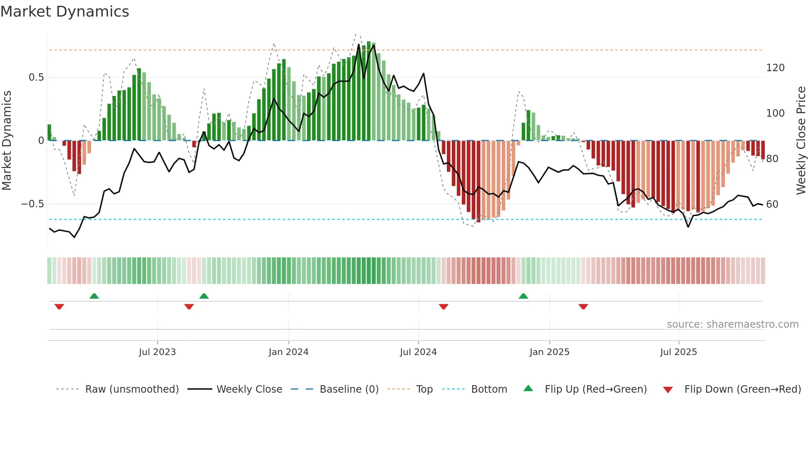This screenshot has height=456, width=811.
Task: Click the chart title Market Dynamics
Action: point(65,12)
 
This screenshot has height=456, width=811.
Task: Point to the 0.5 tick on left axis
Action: point(36,77)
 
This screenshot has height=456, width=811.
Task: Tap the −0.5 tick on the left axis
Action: point(32,204)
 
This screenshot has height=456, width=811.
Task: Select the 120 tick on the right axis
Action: point(775,68)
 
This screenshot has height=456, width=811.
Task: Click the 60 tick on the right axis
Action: point(772,204)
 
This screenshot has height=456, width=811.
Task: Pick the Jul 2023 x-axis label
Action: point(157,352)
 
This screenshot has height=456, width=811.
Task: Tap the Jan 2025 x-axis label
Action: point(549,352)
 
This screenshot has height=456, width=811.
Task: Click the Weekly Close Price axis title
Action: point(801,141)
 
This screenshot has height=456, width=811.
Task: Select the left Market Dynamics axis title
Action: point(7,141)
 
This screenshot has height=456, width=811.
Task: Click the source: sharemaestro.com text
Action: point(732,324)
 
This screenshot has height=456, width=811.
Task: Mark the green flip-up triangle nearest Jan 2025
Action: point(523,296)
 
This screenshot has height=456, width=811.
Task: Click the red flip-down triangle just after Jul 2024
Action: point(444,307)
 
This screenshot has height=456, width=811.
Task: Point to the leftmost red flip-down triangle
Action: point(59,307)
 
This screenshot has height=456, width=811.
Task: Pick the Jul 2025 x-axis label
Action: point(678,352)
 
